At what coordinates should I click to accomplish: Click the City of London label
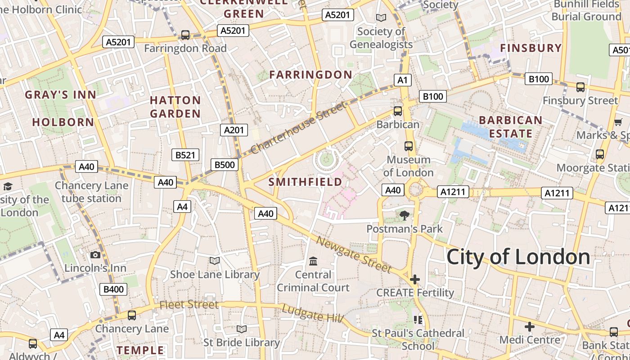point(518,257)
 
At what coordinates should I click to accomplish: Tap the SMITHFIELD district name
point(305,182)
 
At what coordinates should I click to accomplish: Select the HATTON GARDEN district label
point(175,107)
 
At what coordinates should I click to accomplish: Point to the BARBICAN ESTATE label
point(510,127)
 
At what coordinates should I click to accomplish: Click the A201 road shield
point(234,130)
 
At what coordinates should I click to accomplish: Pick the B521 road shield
point(185,155)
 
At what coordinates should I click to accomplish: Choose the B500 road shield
point(224,165)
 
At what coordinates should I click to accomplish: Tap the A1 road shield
point(402,80)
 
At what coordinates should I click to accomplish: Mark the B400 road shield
point(113,289)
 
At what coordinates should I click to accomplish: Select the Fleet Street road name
point(189,305)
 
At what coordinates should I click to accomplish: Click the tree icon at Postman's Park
point(405,216)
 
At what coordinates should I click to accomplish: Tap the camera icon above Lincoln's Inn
point(95,255)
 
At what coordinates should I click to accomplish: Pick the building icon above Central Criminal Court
point(313,261)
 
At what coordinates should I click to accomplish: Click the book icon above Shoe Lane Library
point(215,261)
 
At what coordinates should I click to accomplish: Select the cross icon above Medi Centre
point(530,326)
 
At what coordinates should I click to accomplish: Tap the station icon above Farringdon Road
point(185,35)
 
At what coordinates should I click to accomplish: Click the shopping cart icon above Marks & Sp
point(618,122)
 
